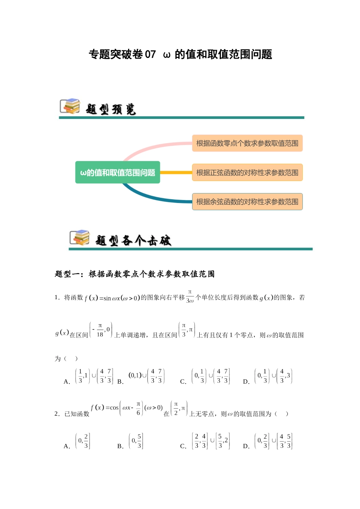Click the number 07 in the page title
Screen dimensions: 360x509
point(150,55)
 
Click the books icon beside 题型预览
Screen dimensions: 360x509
point(70,106)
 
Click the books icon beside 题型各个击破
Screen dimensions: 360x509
point(80,237)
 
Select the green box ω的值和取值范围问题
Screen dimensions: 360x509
point(117,173)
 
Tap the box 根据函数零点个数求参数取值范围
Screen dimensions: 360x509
point(247,143)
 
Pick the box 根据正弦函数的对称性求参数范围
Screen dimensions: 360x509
point(247,173)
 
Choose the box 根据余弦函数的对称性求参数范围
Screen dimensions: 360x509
point(247,202)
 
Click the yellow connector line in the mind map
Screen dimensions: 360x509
point(176,173)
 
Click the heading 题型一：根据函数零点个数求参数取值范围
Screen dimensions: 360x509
point(135,274)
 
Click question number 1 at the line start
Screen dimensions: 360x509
point(57,298)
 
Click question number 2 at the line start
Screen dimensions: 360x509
point(57,414)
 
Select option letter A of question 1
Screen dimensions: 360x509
point(67,382)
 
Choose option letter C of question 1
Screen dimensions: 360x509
point(183,382)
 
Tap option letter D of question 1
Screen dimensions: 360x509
point(246,382)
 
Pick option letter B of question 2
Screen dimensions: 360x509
point(121,446)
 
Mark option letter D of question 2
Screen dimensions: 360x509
point(246,446)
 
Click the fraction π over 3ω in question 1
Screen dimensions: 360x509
point(190,297)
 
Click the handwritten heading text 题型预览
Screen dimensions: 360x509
point(111,109)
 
